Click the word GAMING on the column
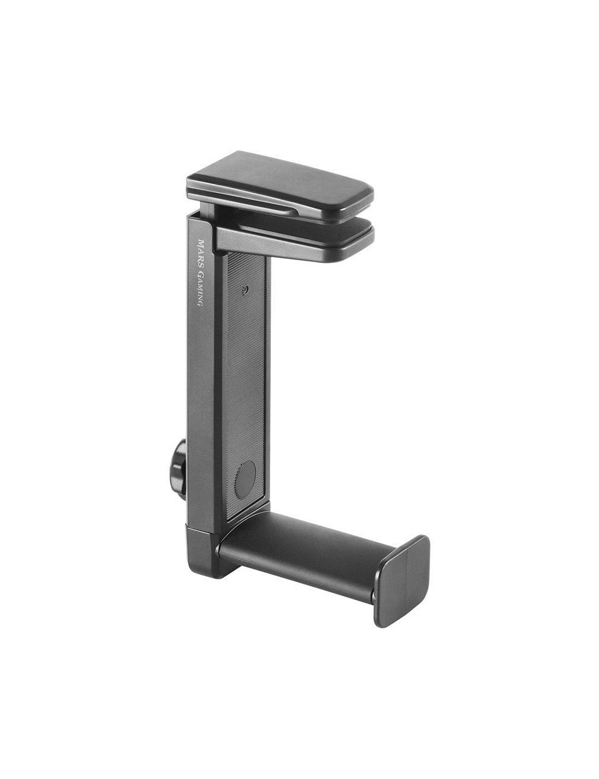[201, 288]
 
